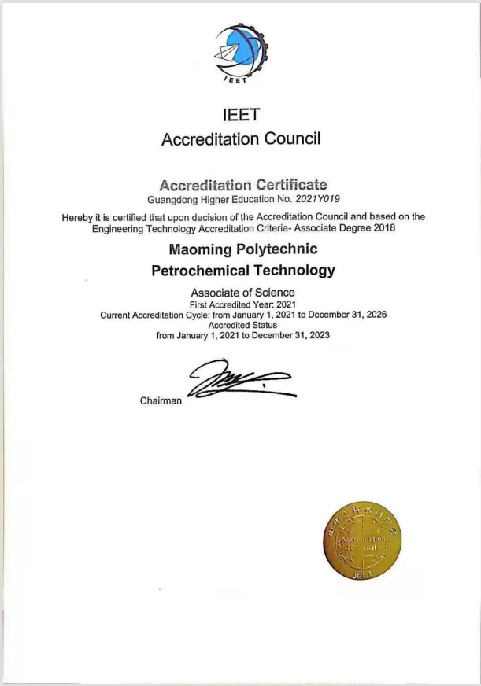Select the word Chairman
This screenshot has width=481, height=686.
point(161,400)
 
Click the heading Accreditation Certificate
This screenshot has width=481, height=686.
point(242,185)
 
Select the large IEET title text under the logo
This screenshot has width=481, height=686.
point(241,114)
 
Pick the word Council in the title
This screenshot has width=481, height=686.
point(291,139)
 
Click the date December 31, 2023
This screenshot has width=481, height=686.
point(290,334)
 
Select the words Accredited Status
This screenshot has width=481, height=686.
point(242,325)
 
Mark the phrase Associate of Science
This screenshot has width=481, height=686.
point(242,293)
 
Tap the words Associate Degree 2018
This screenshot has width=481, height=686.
point(347,227)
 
